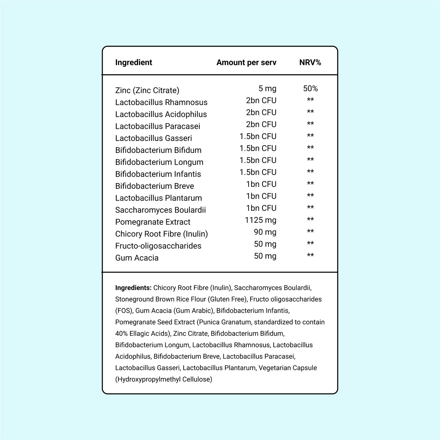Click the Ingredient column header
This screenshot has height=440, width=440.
pyautogui.click(x=133, y=62)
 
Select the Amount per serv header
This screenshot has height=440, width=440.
pyautogui.click(x=246, y=62)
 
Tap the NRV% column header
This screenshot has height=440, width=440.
pyautogui.click(x=310, y=62)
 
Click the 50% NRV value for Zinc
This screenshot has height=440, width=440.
pyautogui.click(x=310, y=89)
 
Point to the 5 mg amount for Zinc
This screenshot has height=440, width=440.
pyautogui.click(x=267, y=89)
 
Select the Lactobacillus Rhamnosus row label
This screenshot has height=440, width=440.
pyautogui.click(x=161, y=102)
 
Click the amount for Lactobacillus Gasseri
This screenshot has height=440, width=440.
pyautogui.click(x=258, y=136)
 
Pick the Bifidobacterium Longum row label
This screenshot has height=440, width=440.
pyautogui.click(x=159, y=162)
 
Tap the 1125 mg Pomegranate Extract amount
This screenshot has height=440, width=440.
pyautogui.click(x=261, y=220)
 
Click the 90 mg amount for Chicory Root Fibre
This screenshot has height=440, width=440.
pyautogui.click(x=265, y=232)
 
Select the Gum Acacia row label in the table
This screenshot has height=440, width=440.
pyautogui.click(x=137, y=258)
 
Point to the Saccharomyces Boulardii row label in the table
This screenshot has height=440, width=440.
pyautogui.click(x=160, y=210)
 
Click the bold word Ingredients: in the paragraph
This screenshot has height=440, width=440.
pyautogui.click(x=133, y=288)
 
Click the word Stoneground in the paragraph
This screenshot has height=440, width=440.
pyautogui.click(x=134, y=299)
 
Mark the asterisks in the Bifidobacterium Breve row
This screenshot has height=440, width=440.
pyautogui.click(x=310, y=184)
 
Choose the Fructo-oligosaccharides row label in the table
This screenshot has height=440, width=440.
pyautogui.click(x=158, y=246)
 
